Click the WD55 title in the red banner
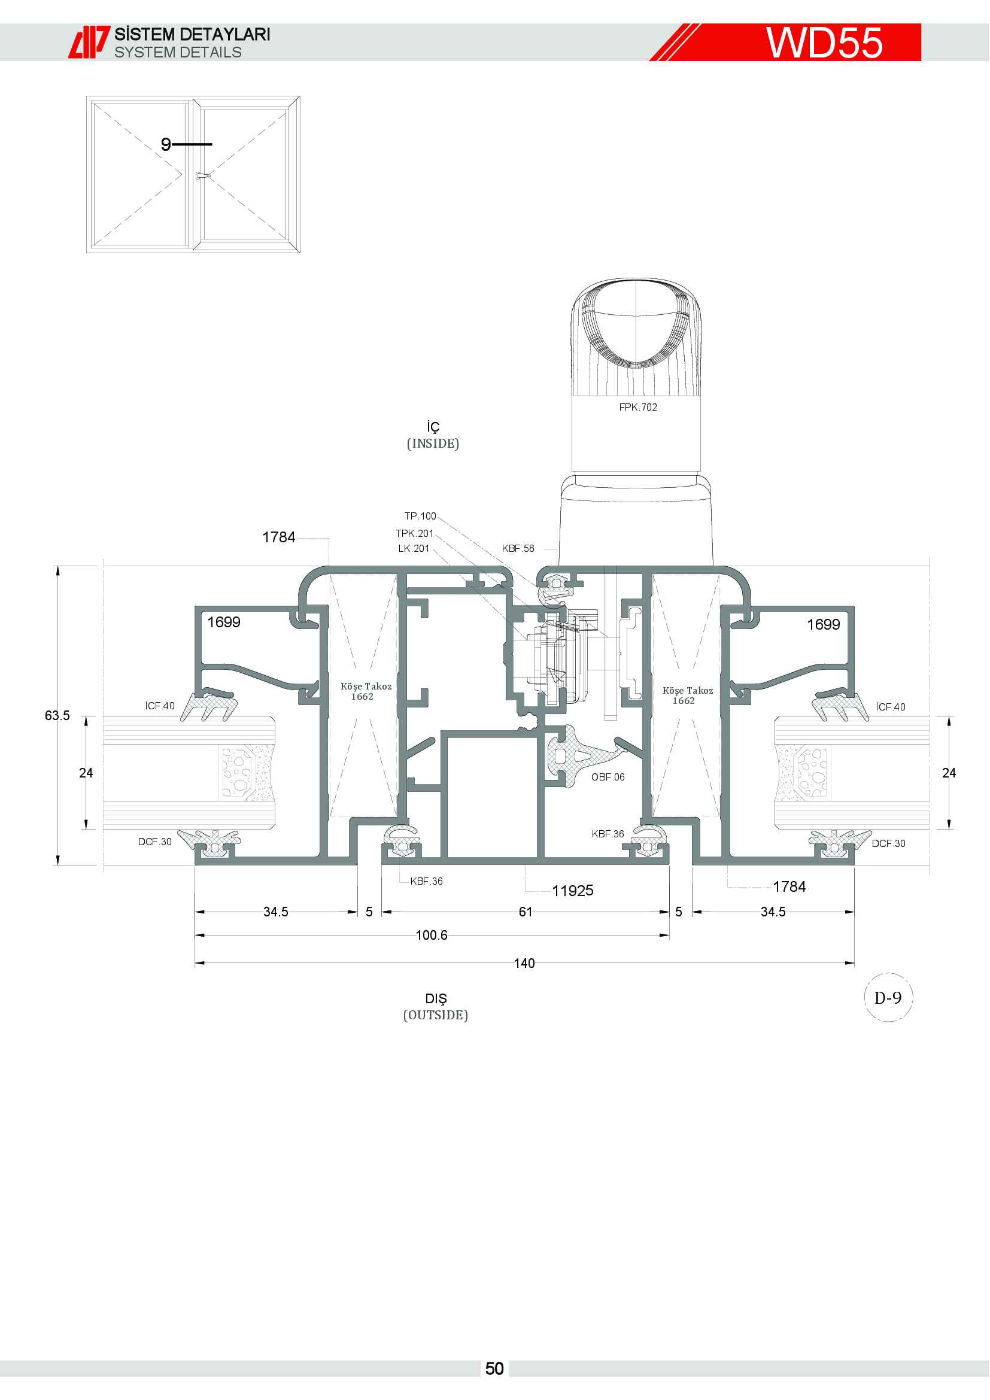(x=824, y=42)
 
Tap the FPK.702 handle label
(x=637, y=408)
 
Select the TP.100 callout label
(x=420, y=517)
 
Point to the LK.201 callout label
(x=414, y=549)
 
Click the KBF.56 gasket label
(x=518, y=549)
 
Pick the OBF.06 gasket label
(x=608, y=778)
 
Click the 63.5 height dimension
(x=57, y=715)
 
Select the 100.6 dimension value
(x=432, y=936)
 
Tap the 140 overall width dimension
(x=524, y=964)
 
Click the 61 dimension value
(x=526, y=912)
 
